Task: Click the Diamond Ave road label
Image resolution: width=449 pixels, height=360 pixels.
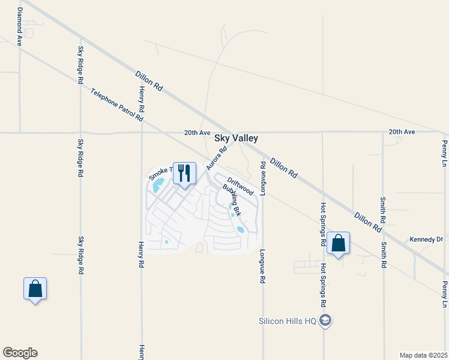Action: (x=20, y=28)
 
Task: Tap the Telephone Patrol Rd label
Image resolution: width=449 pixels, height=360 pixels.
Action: (x=117, y=106)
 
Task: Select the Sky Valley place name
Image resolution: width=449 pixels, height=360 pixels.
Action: (x=237, y=138)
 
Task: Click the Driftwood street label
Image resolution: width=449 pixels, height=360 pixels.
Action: (x=240, y=186)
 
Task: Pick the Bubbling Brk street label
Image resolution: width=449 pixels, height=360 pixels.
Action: (x=232, y=200)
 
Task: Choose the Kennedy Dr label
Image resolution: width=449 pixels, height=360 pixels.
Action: (x=426, y=239)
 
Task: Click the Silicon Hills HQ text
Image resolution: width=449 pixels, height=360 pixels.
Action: (x=287, y=320)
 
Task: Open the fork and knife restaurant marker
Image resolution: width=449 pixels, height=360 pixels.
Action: (x=184, y=173)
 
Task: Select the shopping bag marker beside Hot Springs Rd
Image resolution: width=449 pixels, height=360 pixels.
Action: (x=339, y=244)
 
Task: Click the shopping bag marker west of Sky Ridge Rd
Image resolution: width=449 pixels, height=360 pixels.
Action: (x=35, y=289)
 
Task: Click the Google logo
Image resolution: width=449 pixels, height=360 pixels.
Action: (x=20, y=353)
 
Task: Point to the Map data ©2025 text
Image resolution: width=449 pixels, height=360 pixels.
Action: (x=423, y=355)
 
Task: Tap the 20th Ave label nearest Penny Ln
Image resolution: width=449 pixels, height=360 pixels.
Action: (x=402, y=131)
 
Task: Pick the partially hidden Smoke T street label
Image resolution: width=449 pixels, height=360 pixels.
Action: (x=159, y=173)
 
